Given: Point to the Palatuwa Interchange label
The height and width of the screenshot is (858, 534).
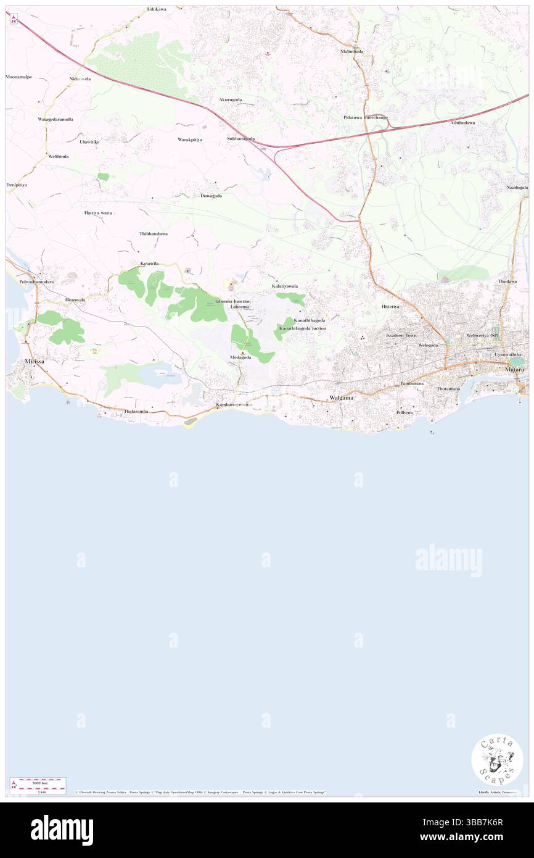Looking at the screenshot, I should tap(366, 117).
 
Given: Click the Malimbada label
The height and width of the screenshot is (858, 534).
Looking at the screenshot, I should tap(352, 51).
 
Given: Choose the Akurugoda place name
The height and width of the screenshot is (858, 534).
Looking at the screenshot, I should tap(230, 99).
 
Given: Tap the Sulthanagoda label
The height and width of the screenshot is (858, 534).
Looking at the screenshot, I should tap(240, 139).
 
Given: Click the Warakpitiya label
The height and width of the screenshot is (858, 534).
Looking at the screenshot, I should tap(190, 140).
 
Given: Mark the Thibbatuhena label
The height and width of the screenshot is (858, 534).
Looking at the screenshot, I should tap(154, 235).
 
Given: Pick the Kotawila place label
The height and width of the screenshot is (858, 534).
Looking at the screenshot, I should tap(149, 264).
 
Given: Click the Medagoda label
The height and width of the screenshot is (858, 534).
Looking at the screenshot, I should tap(240, 357).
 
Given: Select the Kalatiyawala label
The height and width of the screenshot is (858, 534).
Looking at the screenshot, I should tap(285, 286).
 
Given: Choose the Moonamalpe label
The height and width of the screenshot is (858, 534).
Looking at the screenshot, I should tap(18, 77).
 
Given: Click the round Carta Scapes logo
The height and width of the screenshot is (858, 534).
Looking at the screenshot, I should tap(497, 759).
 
